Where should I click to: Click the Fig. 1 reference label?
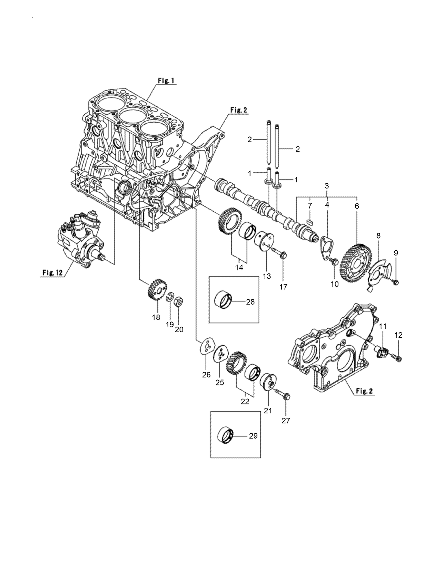[x=166, y=81]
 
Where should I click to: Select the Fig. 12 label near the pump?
[x=52, y=272]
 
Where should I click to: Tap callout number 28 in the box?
[x=250, y=301]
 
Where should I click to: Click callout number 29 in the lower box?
[x=253, y=436]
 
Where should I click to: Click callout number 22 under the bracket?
[x=245, y=402]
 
